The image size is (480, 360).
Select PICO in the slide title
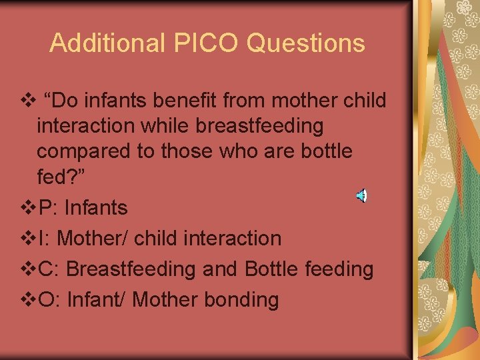(198, 43)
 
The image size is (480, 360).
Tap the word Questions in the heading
(306, 43)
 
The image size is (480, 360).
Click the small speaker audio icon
(361, 195)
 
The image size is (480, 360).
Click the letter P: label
(48, 208)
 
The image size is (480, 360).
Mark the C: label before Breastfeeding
(49, 269)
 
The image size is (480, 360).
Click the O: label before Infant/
(50, 300)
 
